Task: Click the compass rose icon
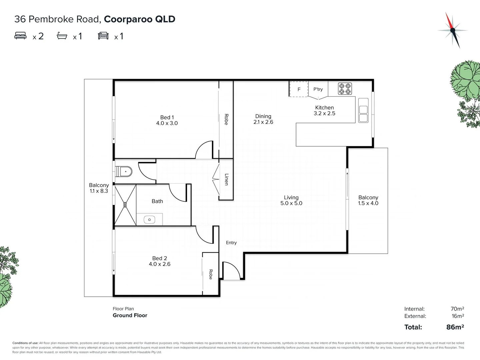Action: click(452, 30)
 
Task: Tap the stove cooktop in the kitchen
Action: click(345, 89)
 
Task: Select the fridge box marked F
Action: click(299, 89)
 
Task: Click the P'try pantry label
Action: click(318, 89)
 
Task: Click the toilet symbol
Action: click(124, 172)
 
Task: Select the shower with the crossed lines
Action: click(125, 205)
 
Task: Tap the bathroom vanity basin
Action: click(149, 220)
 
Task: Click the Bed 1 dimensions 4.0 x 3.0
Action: click(167, 123)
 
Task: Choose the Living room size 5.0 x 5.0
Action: click(291, 203)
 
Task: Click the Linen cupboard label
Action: click(226, 179)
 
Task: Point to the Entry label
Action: click(231, 243)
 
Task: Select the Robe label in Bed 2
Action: click(211, 274)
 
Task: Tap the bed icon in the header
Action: click(20, 36)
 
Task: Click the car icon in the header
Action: click(103, 36)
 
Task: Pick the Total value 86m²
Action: click(455, 327)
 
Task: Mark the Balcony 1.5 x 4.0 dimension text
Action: click(368, 203)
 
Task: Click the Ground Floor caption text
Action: click(130, 315)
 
